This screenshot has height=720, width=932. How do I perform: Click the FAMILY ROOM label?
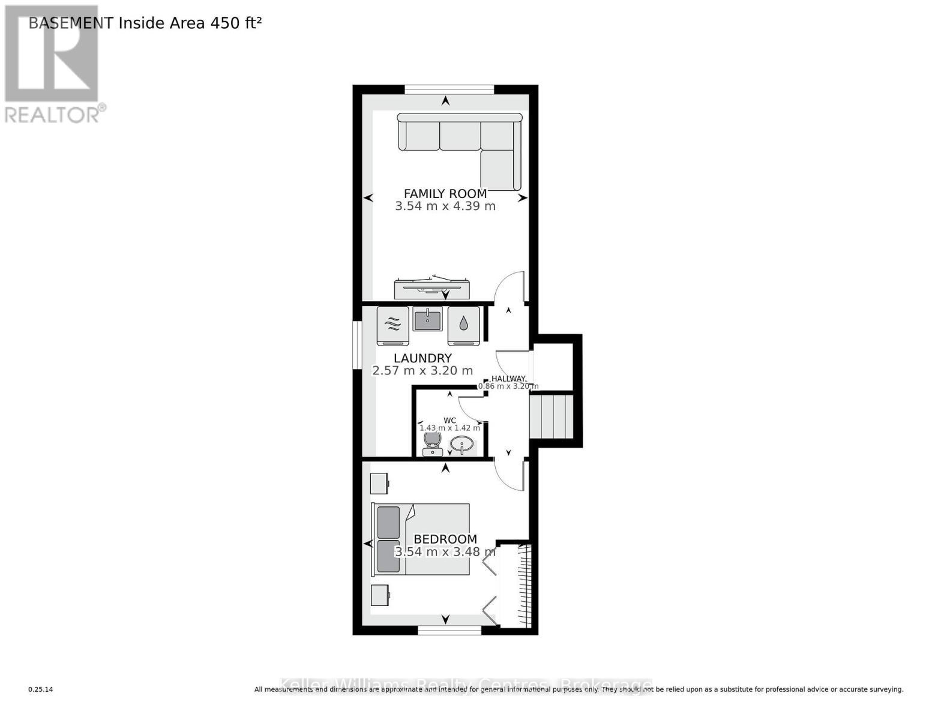point(445,193)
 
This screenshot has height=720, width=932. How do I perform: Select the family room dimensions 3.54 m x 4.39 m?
point(445,206)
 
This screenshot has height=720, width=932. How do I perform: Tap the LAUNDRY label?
point(422,358)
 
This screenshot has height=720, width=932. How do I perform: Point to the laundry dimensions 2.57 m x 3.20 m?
point(422,371)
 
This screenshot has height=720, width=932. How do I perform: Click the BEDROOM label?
point(445,539)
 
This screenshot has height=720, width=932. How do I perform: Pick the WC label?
point(449,420)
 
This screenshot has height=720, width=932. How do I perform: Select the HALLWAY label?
point(508,379)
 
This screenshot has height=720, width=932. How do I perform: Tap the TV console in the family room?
point(431,289)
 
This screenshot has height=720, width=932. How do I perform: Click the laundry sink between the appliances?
point(427,319)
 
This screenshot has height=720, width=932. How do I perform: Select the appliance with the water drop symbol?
point(463,326)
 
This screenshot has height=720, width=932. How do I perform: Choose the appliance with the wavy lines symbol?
point(392,326)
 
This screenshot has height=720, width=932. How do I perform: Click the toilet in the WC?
point(432,443)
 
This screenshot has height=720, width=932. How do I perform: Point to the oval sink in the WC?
point(461,445)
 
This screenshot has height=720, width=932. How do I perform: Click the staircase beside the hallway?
point(551,416)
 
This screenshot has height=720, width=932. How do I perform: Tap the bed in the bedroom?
point(420,538)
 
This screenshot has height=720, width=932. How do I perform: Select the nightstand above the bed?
point(379,483)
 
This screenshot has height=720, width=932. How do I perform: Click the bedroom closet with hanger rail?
point(517,586)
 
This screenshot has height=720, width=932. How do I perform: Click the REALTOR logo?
point(53,63)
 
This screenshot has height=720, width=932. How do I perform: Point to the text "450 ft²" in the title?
point(235,23)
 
